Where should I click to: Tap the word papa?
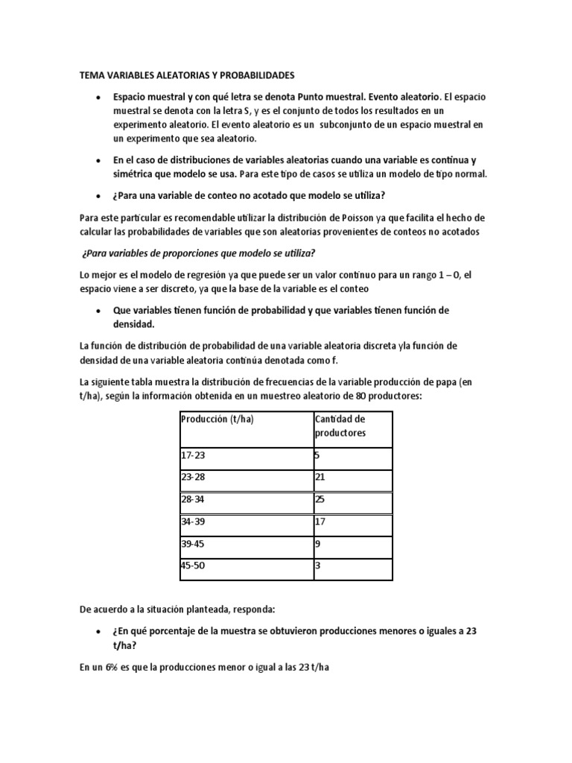point(440,381)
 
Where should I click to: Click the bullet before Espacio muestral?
point(98,98)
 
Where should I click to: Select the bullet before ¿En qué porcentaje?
point(98,630)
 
